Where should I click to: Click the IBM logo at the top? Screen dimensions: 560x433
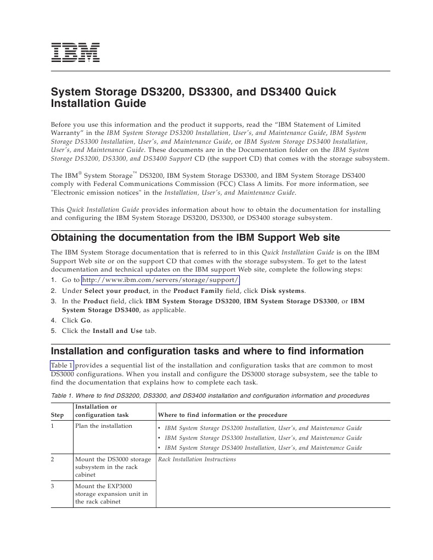click(75, 52)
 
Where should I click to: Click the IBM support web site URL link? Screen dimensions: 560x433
click(160, 280)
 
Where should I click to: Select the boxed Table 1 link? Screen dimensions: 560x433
click(61, 365)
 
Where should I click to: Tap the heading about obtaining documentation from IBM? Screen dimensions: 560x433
click(195, 237)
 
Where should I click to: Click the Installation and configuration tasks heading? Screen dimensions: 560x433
click(207, 351)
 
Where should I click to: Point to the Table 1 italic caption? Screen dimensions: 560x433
click(210, 395)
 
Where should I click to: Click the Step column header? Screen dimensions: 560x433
click(58, 415)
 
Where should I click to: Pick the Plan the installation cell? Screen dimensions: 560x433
click(104, 426)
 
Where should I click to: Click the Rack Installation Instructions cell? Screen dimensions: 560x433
click(196, 459)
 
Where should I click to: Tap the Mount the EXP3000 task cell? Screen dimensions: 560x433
click(111, 494)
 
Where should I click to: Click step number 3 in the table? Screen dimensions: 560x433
click(53, 486)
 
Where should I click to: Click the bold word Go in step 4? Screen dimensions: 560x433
click(86, 320)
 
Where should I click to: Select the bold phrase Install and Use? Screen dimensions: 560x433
click(117, 331)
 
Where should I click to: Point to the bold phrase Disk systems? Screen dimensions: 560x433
click(283, 291)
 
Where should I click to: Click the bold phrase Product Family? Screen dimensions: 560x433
click(199, 291)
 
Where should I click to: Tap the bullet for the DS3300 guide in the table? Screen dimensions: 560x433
click(159, 438)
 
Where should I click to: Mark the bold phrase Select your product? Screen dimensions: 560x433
click(116, 291)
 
